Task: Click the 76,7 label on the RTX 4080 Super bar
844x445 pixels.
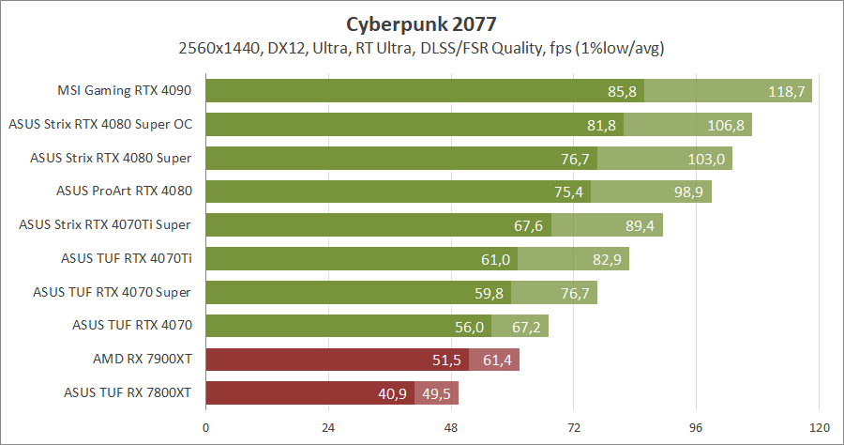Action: pos(575,159)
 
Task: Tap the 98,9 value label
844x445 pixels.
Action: pos(686,192)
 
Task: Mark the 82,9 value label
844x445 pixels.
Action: pos(605,259)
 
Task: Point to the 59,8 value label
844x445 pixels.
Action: pos(489,293)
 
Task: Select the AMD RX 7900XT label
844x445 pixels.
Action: pos(143,360)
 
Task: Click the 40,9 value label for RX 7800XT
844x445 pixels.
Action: pos(392,393)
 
